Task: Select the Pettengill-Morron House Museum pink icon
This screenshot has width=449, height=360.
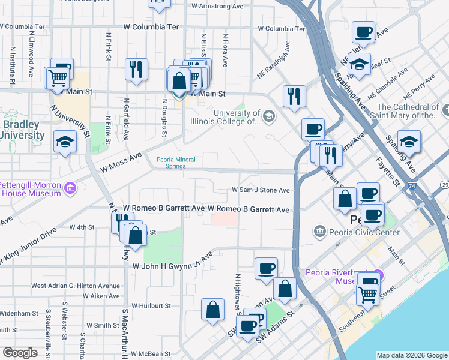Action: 70,189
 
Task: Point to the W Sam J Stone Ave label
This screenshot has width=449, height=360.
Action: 261,190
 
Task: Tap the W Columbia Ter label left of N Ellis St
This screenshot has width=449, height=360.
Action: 151,28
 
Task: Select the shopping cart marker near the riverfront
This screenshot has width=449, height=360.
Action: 367,294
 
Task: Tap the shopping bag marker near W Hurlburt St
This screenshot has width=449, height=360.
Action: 212,310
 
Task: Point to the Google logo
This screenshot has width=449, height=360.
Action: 20,353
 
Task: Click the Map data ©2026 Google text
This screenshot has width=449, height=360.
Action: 412,355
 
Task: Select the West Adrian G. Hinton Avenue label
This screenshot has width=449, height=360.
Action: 76,286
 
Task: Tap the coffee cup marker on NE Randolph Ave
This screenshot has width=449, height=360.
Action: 312,129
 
